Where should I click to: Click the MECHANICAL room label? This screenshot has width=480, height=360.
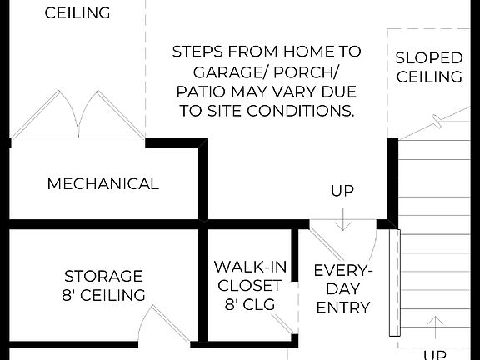pyautogui.click(x=102, y=183)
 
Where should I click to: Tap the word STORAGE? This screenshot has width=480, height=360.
pyautogui.click(x=104, y=276)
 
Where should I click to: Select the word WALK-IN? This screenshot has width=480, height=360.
pyautogui.click(x=251, y=267)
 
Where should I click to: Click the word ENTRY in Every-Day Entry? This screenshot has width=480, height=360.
pyautogui.click(x=342, y=307)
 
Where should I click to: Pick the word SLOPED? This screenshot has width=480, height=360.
pyautogui.click(x=428, y=58)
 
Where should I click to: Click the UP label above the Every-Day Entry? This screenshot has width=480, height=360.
pyautogui.click(x=342, y=191)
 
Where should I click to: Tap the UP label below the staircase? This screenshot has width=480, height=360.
pyautogui.click(x=434, y=354)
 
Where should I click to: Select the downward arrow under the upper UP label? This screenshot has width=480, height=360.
pyautogui.click(x=342, y=220)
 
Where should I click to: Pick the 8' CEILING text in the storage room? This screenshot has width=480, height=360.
pyautogui.click(x=104, y=295)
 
